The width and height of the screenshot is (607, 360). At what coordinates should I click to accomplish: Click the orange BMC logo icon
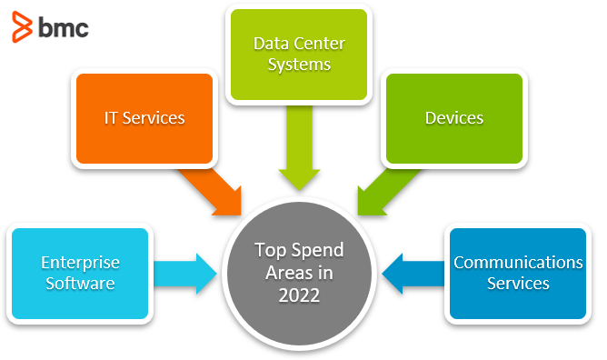click(22, 26)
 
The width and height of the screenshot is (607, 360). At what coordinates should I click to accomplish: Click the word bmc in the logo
click(64, 28)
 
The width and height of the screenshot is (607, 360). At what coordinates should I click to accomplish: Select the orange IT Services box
click(144, 118)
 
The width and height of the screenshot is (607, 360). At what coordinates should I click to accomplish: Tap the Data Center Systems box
click(299, 55)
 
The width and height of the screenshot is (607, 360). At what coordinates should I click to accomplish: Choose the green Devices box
click(454, 118)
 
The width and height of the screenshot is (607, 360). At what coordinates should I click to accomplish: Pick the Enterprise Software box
click(80, 274)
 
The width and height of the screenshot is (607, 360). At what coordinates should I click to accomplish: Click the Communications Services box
click(518, 274)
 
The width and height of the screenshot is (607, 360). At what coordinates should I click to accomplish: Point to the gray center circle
click(299, 274)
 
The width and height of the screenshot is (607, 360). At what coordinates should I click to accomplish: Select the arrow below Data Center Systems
click(299, 148)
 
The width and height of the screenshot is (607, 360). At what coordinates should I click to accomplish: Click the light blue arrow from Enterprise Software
click(185, 274)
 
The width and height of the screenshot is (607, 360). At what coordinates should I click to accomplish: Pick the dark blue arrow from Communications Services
click(413, 274)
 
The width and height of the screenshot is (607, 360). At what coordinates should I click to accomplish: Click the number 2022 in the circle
click(299, 295)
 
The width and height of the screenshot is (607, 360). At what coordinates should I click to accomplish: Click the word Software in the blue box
click(80, 284)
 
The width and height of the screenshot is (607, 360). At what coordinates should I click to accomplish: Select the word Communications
click(518, 263)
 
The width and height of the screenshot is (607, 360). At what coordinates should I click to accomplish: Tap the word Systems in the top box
click(299, 65)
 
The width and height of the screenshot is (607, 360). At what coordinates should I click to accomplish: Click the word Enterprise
click(80, 263)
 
